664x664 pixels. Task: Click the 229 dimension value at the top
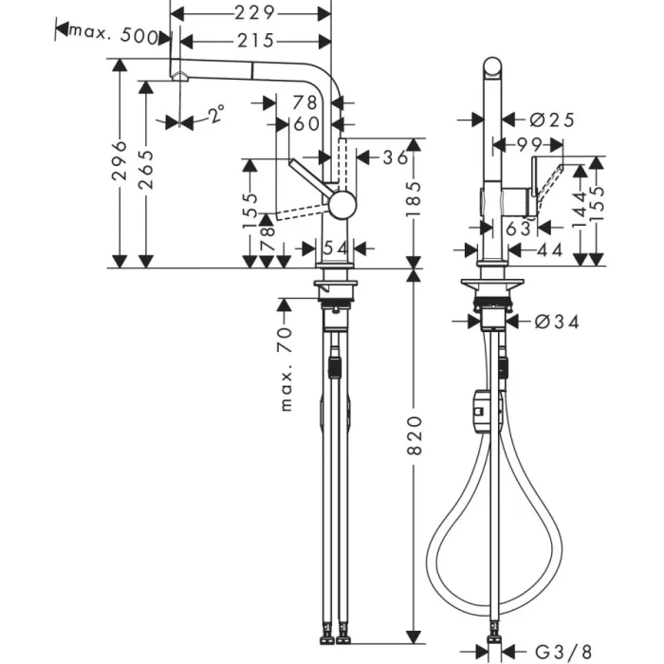[x=255, y=12]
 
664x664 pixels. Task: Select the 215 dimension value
[x=255, y=40]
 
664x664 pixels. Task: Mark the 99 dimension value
[x=527, y=143]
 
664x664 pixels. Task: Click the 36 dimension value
[x=395, y=157]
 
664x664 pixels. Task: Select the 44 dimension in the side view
[x=550, y=249]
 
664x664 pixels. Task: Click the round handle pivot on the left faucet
[x=341, y=203]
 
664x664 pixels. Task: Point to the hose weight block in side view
[x=482, y=411]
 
